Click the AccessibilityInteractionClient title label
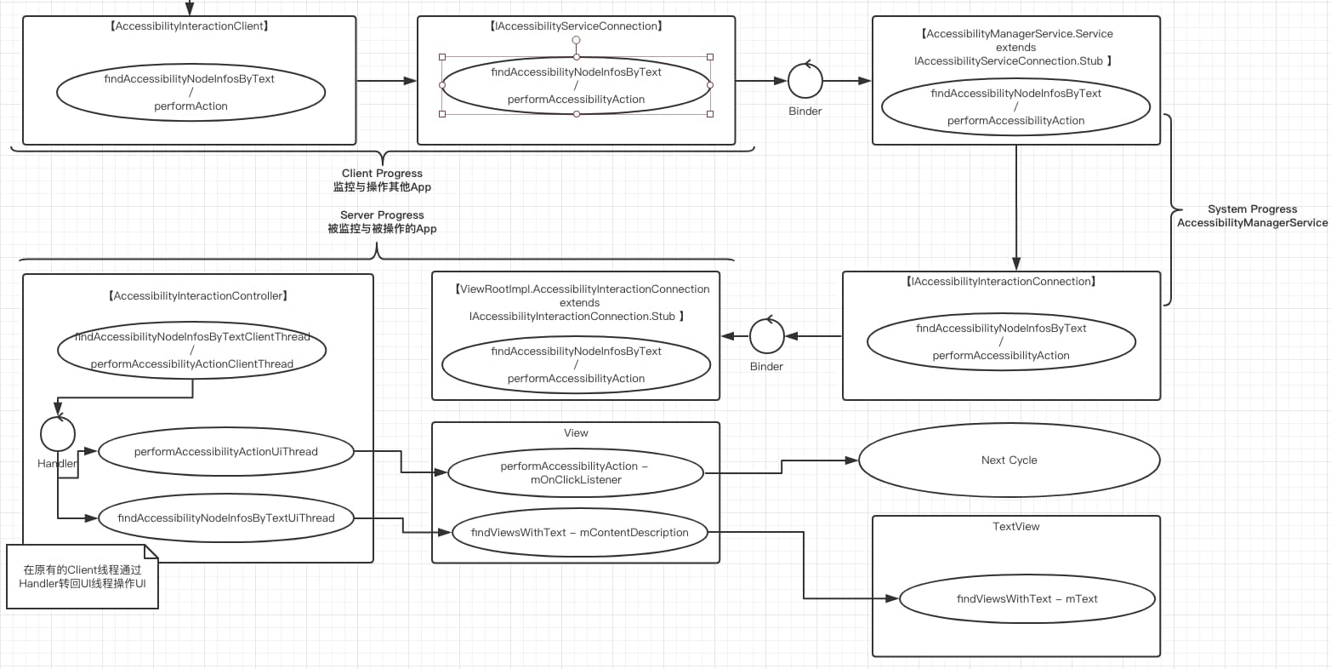point(190,26)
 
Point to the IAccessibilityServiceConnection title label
point(576,26)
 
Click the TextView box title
point(1016,526)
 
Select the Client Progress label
point(382,173)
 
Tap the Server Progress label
point(382,214)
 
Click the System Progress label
point(1252,209)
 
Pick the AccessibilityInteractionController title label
point(198,295)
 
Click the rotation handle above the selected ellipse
point(576,41)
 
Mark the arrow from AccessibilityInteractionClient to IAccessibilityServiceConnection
point(387,80)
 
